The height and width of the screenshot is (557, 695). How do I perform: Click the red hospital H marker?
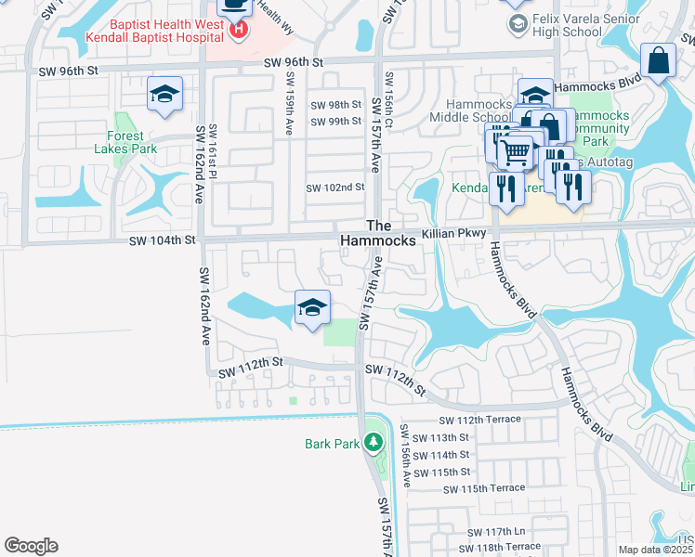tap(239, 31)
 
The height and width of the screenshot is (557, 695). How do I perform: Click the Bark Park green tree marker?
tap(374, 443)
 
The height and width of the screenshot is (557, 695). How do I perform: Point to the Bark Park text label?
tap(332, 444)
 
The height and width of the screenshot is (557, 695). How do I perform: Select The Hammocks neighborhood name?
tap(389, 233)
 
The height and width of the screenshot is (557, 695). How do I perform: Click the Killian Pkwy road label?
tap(454, 235)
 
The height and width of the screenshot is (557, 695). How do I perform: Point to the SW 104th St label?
tap(163, 240)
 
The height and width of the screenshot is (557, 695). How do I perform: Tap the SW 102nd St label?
tap(335, 188)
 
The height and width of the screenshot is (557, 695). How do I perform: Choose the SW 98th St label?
tap(335, 105)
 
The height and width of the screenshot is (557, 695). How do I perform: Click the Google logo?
tap(31, 546)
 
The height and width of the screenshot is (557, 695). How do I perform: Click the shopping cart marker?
tap(517, 151)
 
